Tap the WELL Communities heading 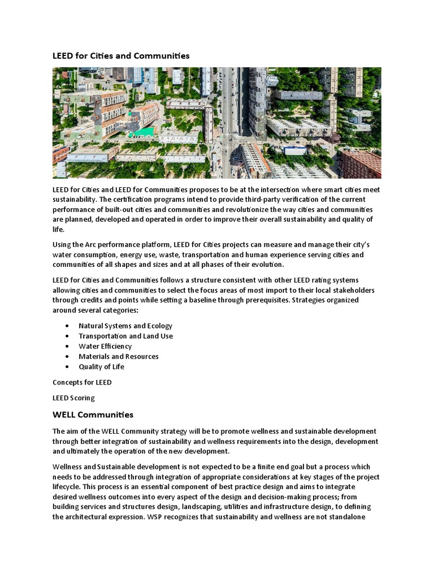[x=93, y=414]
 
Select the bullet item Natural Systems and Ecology [x=125, y=326]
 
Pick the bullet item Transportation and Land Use [x=125, y=336]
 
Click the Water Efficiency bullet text [x=105, y=346]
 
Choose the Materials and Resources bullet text [x=118, y=356]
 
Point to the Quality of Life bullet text [x=101, y=366]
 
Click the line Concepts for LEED [x=82, y=382]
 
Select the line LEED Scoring [x=73, y=398]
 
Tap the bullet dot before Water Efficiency [x=67, y=346]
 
